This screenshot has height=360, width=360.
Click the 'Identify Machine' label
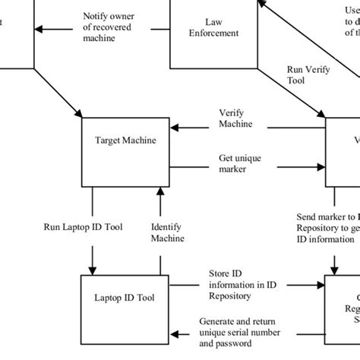[167, 232]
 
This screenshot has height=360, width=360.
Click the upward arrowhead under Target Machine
[160, 190]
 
